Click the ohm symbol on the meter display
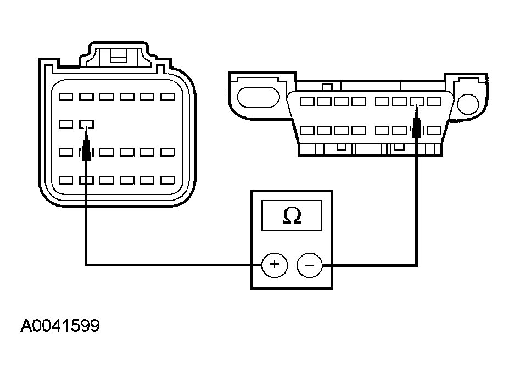(x=292, y=216)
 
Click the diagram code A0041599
(x=60, y=326)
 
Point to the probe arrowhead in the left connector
(x=86, y=148)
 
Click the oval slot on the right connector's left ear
(x=258, y=98)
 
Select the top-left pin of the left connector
(x=66, y=97)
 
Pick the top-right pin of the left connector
(x=167, y=97)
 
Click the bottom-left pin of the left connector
(x=66, y=180)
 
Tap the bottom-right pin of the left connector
(x=167, y=180)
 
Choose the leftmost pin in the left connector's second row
(x=66, y=124)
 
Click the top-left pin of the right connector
(x=307, y=102)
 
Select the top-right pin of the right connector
(x=434, y=102)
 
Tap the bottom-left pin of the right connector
(x=307, y=131)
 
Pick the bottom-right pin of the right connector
(x=434, y=131)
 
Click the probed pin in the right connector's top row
(x=417, y=102)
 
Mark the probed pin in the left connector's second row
(x=86, y=124)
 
